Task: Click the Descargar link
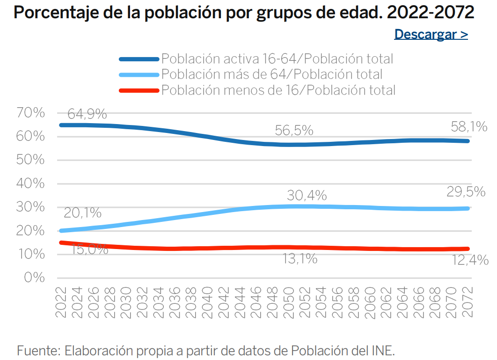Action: coord(431,34)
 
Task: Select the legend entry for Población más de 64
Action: coord(271,74)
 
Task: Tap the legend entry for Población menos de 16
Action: coord(278,90)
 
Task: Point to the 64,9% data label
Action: coord(87,114)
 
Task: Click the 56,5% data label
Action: coord(294,131)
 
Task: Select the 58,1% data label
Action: coord(468,126)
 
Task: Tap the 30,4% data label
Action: coord(307,196)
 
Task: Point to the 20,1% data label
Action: coord(82,213)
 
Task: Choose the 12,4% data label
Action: coord(470,259)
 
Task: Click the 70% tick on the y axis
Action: coord(30,113)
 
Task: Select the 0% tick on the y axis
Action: coord(34,278)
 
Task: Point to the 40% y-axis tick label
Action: coord(30,184)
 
